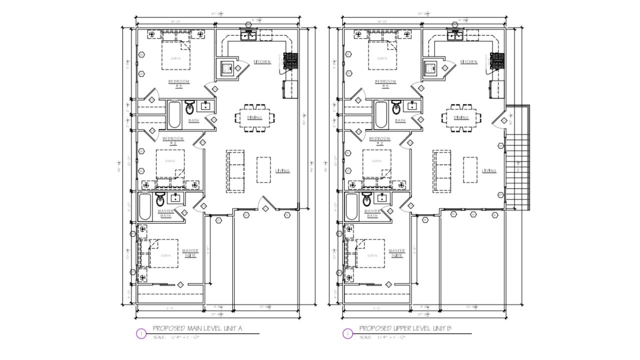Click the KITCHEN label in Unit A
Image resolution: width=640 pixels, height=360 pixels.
pyautogui.click(x=262, y=62)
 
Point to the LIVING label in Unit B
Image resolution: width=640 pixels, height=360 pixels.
pyautogui.click(x=488, y=171)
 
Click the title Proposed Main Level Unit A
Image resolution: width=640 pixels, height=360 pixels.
pyautogui.click(x=197, y=328)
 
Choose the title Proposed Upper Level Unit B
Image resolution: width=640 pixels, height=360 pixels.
pyautogui.click(x=405, y=328)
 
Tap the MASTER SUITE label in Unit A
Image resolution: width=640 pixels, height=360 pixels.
pyautogui.click(x=190, y=253)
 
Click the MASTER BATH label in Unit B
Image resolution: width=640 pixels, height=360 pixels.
pyautogui.click(x=372, y=213)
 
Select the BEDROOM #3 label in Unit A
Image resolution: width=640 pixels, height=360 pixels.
pyautogui.click(x=177, y=83)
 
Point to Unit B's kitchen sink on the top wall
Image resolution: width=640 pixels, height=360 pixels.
pyautogui.click(x=455, y=34)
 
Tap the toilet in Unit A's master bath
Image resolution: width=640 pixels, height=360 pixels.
pyautogui.click(x=160, y=200)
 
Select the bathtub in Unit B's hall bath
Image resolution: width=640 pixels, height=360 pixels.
pyautogui.click(x=380, y=114)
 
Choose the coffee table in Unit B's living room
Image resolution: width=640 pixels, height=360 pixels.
pyautogui.click(x=469, y=170)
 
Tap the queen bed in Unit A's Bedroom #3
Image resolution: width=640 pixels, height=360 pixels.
pyautogui.click(x=176, y=55)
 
